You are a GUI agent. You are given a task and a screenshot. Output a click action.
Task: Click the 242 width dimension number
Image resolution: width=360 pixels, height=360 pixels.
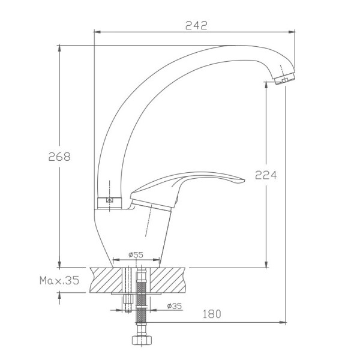coord(196,25)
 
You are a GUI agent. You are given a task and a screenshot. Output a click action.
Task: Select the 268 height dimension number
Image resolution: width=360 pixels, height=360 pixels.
coord(59,157)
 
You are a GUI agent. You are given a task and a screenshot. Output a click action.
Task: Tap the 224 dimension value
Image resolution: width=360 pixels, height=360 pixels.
coord(266,175)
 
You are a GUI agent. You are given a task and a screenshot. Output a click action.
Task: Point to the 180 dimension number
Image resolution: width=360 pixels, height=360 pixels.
coord(212,314)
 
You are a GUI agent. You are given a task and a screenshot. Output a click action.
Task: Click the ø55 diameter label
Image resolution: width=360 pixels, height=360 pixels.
coord(136,254)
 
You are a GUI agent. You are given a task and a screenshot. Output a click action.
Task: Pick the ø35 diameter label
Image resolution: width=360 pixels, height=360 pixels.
coord(175,306)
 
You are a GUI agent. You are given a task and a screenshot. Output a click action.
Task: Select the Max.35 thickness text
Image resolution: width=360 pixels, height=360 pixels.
coord(59,280)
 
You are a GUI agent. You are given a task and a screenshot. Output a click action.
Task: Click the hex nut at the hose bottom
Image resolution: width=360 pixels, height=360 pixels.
coord(141,340)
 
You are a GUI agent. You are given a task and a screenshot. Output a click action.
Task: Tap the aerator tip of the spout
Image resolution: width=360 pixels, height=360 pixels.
coord(285,79)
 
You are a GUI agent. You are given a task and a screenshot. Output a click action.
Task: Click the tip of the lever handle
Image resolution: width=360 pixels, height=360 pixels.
coord(244,181)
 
